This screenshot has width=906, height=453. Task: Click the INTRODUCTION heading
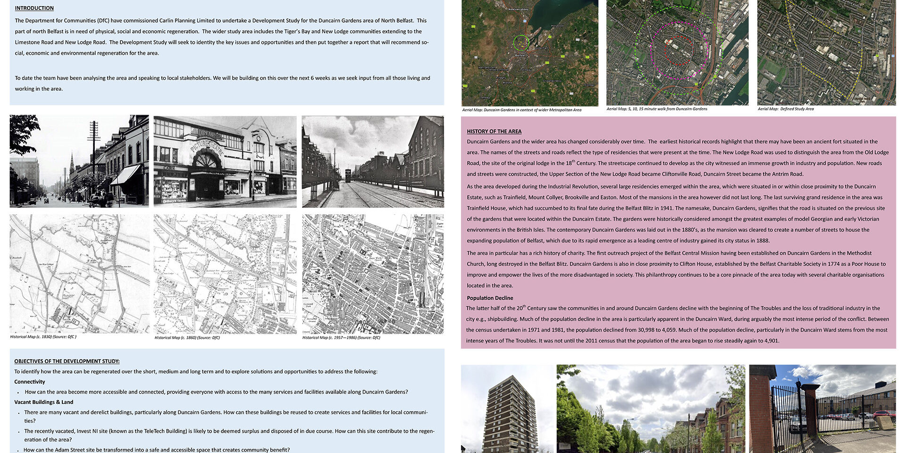[34, 8]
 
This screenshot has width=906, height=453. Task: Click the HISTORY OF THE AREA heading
[494, 131]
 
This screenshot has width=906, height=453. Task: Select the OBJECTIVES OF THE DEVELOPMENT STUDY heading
[67, 361]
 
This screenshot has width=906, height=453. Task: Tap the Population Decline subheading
[490, 298]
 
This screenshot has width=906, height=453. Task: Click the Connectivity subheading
[30, 382]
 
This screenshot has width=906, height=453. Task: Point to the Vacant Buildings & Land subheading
[44, 402]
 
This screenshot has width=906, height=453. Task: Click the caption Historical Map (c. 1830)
[43, 337]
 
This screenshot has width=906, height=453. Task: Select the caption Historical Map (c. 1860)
[187, 337]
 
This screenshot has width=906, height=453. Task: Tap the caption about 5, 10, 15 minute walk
[656, 109]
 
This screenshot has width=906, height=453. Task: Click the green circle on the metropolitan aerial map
[521, 43]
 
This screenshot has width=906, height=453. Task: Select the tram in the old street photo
[348, 179]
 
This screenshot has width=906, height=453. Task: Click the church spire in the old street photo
[72, 163]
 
